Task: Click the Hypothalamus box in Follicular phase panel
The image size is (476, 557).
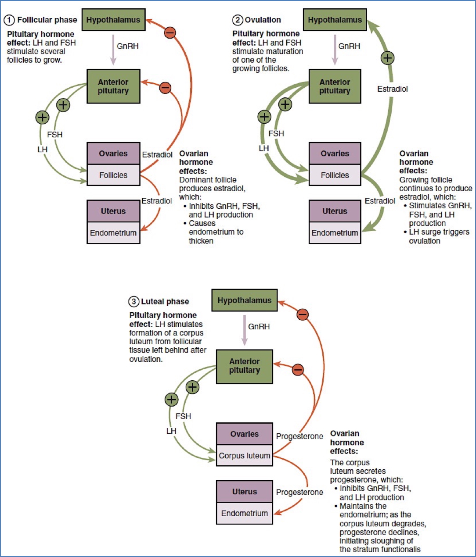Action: click(113, 20)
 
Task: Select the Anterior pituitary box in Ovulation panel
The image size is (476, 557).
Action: click(335, 86)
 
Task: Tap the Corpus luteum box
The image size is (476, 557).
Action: click(244, 456)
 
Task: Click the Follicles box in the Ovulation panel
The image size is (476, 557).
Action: click(335, 175)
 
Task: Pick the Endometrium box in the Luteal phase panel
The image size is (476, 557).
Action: click(244, 513)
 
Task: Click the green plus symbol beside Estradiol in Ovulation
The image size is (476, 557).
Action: click(387, 58)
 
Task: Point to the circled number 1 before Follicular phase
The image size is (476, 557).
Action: click(9, 20)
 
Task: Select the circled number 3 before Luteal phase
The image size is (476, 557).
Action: click(133, 302)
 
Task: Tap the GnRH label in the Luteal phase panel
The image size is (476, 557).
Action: click(259, 326)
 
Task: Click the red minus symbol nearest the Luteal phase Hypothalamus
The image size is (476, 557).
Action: click(303, 314)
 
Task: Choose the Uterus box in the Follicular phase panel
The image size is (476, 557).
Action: click(113, 211)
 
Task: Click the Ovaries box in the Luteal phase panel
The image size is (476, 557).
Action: click(244, 434)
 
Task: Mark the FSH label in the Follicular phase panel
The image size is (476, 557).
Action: click(55, 135)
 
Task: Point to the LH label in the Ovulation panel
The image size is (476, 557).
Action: click(263, 148)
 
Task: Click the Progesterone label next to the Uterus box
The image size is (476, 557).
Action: click(299, 492)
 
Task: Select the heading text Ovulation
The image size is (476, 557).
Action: click(263, 20)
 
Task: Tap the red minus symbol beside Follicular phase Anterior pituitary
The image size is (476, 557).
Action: click(165, 88)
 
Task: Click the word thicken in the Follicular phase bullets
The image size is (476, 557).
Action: click(201, 241)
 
